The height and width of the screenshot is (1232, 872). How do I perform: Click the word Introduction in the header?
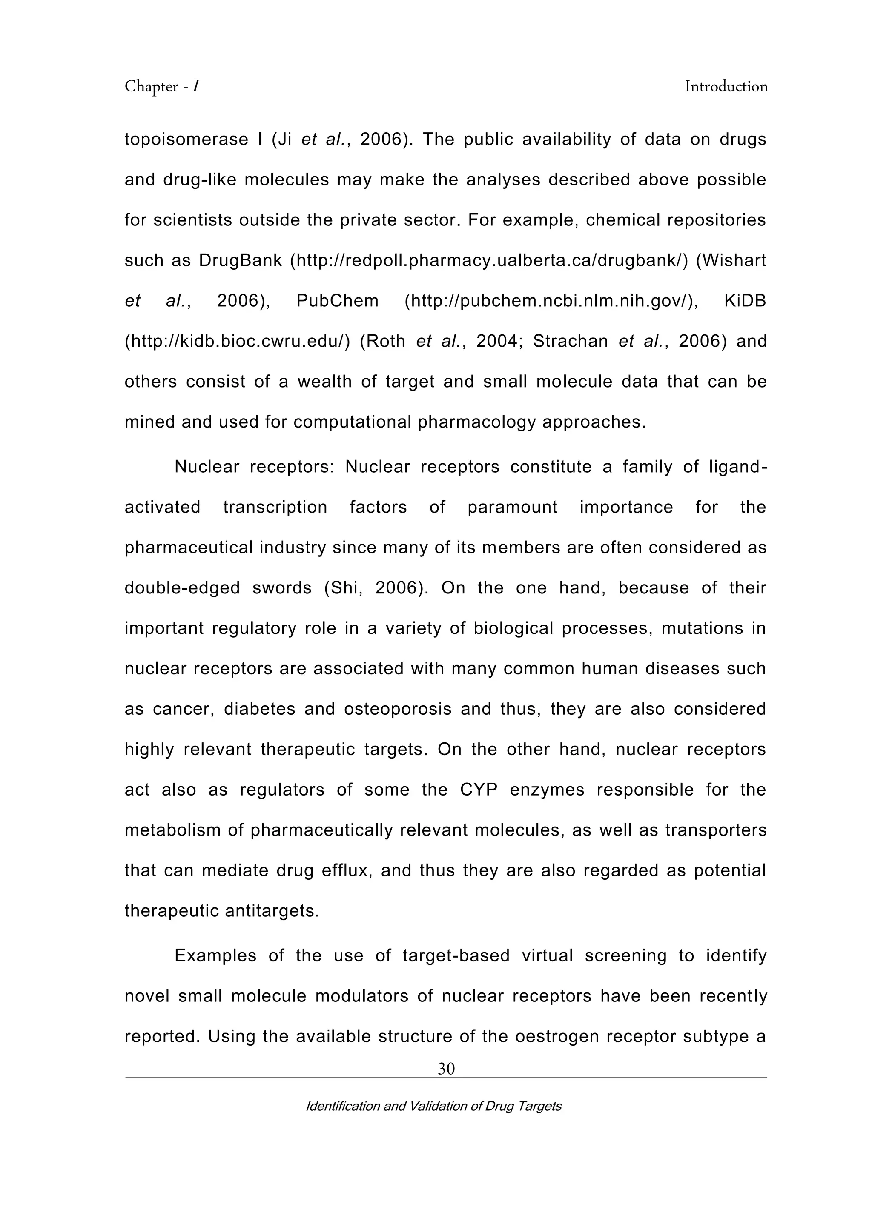(726, 86)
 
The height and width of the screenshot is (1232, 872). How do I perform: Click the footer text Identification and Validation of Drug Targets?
(433, 1106)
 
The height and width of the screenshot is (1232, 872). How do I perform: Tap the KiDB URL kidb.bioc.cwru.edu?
(237, 341)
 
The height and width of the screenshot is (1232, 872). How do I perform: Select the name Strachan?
(570, 341)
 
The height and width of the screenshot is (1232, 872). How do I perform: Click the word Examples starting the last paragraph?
(215, 955)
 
